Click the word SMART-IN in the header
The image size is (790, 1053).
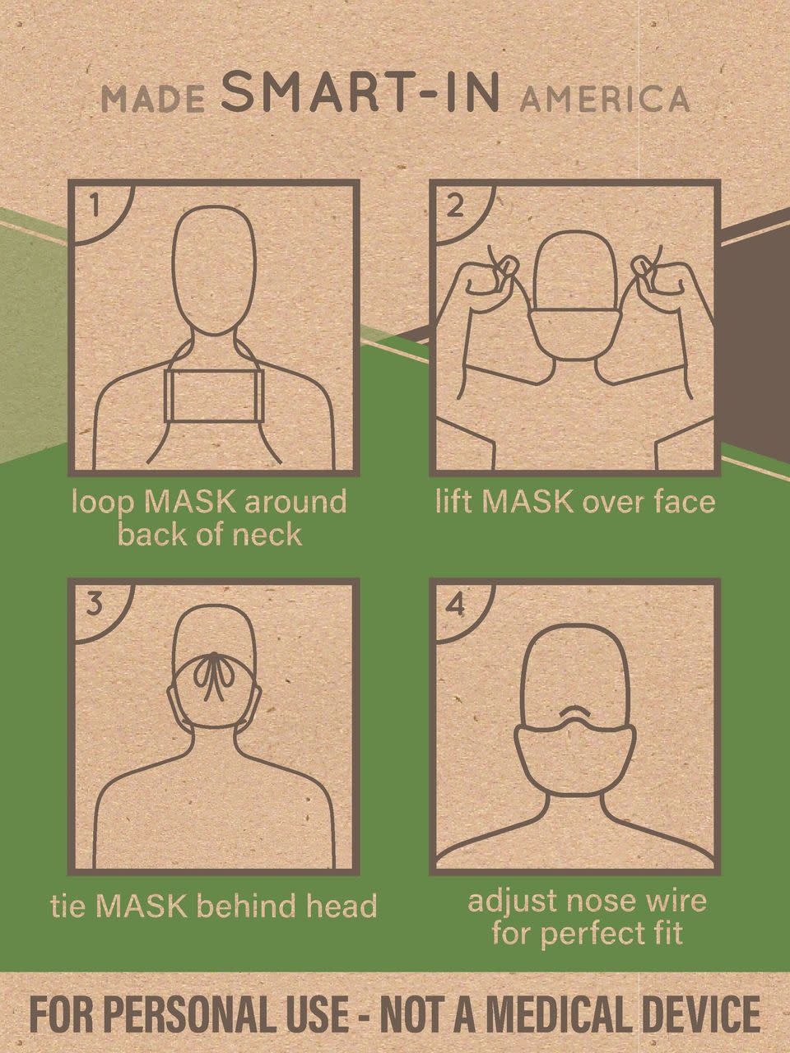pos(360,93)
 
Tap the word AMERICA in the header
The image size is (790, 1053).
pos(605,100)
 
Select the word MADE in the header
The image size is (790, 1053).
pos(153,100)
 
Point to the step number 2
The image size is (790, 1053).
pos(455,205)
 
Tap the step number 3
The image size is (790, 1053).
pos(95,605)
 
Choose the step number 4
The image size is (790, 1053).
pos(455,605)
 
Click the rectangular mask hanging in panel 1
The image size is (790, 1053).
pos(213,396)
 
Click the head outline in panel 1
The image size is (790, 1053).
pos(213,271)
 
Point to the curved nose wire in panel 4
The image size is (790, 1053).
pos(574,710)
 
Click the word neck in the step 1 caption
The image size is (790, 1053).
pos(267,535)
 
